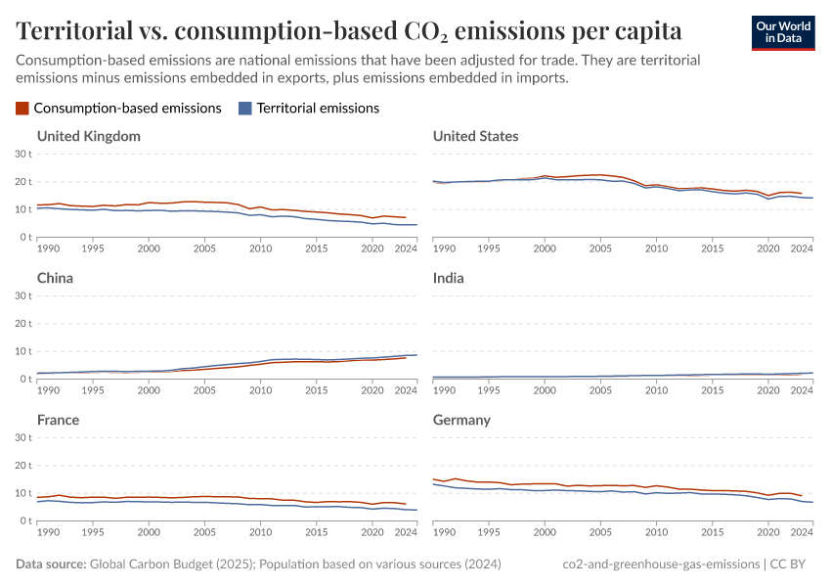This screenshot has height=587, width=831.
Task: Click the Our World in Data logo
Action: coord(782,32)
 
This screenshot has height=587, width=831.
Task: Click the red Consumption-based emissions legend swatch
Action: coord(22,109)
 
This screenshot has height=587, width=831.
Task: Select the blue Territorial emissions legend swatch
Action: coord(245,109)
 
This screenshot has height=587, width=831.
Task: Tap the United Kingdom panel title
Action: coord(89,136)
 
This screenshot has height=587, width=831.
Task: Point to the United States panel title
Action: coord(475,136)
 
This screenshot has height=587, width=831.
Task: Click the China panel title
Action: coord(55,278)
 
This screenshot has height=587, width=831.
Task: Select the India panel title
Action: coord(448,278)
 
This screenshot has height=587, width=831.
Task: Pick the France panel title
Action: coord(59,420)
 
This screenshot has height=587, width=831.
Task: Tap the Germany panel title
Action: coord(463,420)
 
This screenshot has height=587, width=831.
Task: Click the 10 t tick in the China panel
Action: coord(24,351)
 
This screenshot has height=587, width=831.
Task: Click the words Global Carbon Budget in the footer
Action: coord(145,564)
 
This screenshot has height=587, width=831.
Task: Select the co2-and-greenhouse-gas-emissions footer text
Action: coord(661,564)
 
